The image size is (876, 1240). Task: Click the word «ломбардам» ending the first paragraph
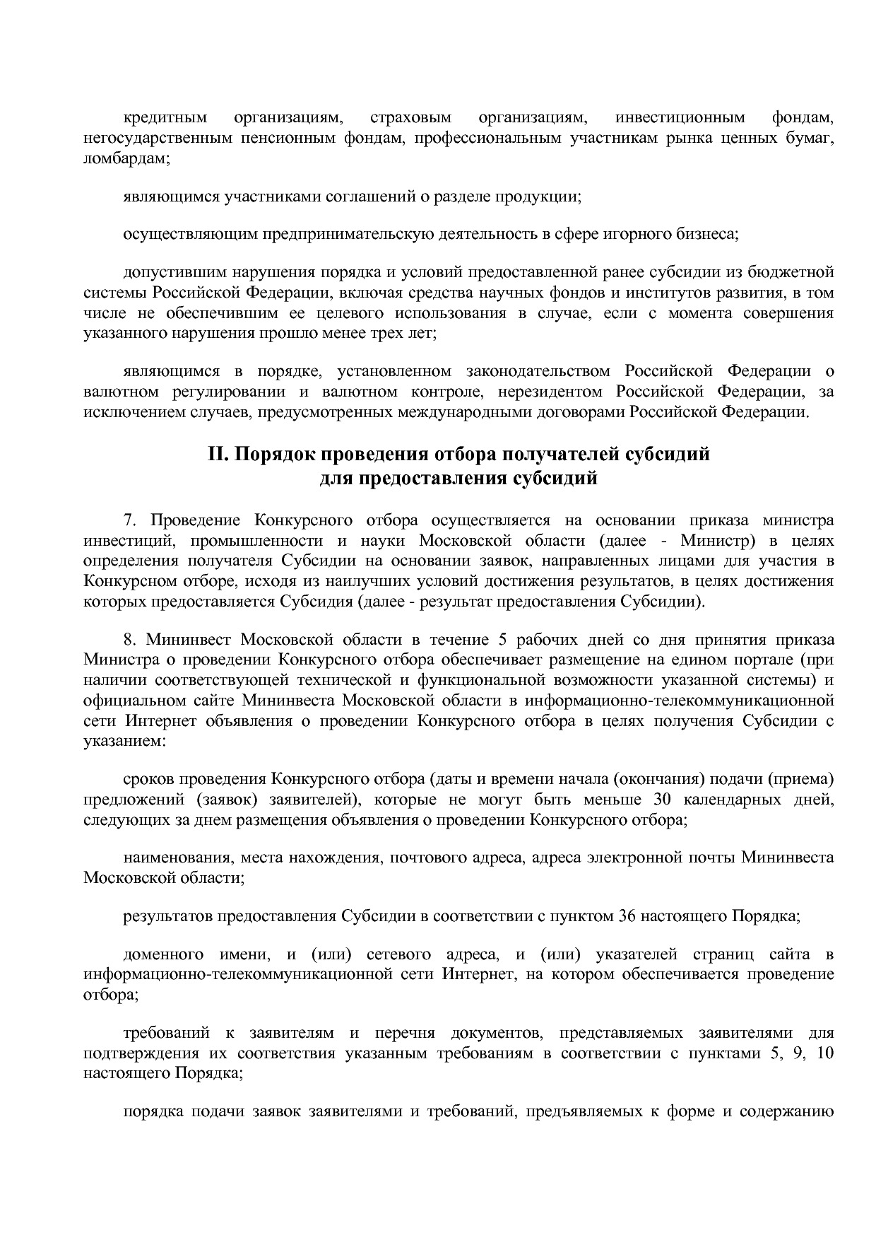126,159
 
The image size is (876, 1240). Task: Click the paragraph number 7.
129,521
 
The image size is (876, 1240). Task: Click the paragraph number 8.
129,641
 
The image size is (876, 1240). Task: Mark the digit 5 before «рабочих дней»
503,641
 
